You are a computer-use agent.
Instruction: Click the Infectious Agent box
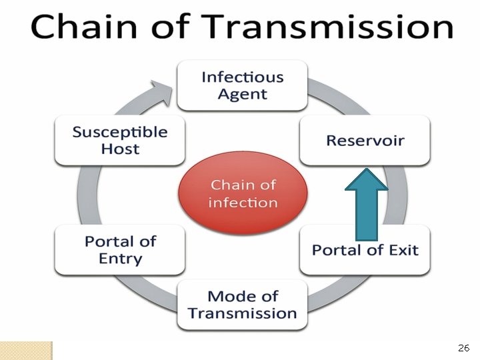click(242, 85)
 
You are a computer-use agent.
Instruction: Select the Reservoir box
click(365, 140)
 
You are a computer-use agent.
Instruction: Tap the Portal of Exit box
click(365, 250)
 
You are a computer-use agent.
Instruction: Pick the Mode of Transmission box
click(242, 305)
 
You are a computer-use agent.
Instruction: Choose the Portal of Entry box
click(120, 250)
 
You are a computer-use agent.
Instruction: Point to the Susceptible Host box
click(120, 140)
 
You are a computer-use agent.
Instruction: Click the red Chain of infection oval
click(243, 193)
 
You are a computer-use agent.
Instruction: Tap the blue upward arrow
click(366, 204)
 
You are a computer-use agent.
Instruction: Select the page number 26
click(464, 348)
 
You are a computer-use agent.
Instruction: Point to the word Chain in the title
click(75, 27)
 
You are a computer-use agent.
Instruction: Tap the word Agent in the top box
click(242, 94)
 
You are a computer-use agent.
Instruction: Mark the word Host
click(120, 149)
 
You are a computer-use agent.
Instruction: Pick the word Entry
click(120, 259)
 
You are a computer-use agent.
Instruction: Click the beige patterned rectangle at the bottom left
click(26, 351)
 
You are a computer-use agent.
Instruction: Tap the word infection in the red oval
click(243, 202)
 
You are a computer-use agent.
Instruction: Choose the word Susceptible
click(120, 131)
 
